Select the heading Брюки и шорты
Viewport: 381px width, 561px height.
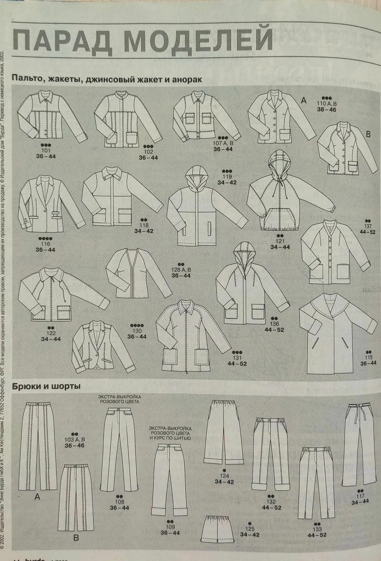point(46,386)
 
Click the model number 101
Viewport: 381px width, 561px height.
point(46,151)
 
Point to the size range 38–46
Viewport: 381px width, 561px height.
point(327,110)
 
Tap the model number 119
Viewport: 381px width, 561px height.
point(227,177)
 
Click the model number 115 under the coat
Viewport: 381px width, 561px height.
point(368,357)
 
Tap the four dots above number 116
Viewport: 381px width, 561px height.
point(46,238)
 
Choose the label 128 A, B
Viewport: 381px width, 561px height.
point(181,270)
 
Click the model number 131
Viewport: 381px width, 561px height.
point(237,358)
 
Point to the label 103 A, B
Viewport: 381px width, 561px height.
point(75,439)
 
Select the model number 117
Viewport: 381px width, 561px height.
point(360,496)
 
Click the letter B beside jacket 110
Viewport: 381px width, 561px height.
point(368,134)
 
